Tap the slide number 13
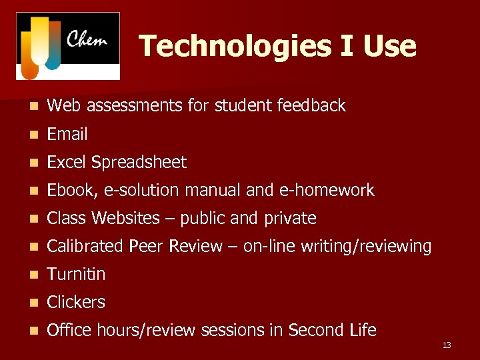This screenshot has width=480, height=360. (x=447, y=345)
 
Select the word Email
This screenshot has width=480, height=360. (x=67, y=134)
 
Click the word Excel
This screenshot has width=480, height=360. (x=67, y=162)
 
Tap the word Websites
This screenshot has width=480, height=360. (x=125, y=218)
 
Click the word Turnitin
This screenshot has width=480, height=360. (x=76, y=274)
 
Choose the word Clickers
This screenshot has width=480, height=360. (x=76, y=302)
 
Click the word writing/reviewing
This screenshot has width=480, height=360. (x=366, y=247)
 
